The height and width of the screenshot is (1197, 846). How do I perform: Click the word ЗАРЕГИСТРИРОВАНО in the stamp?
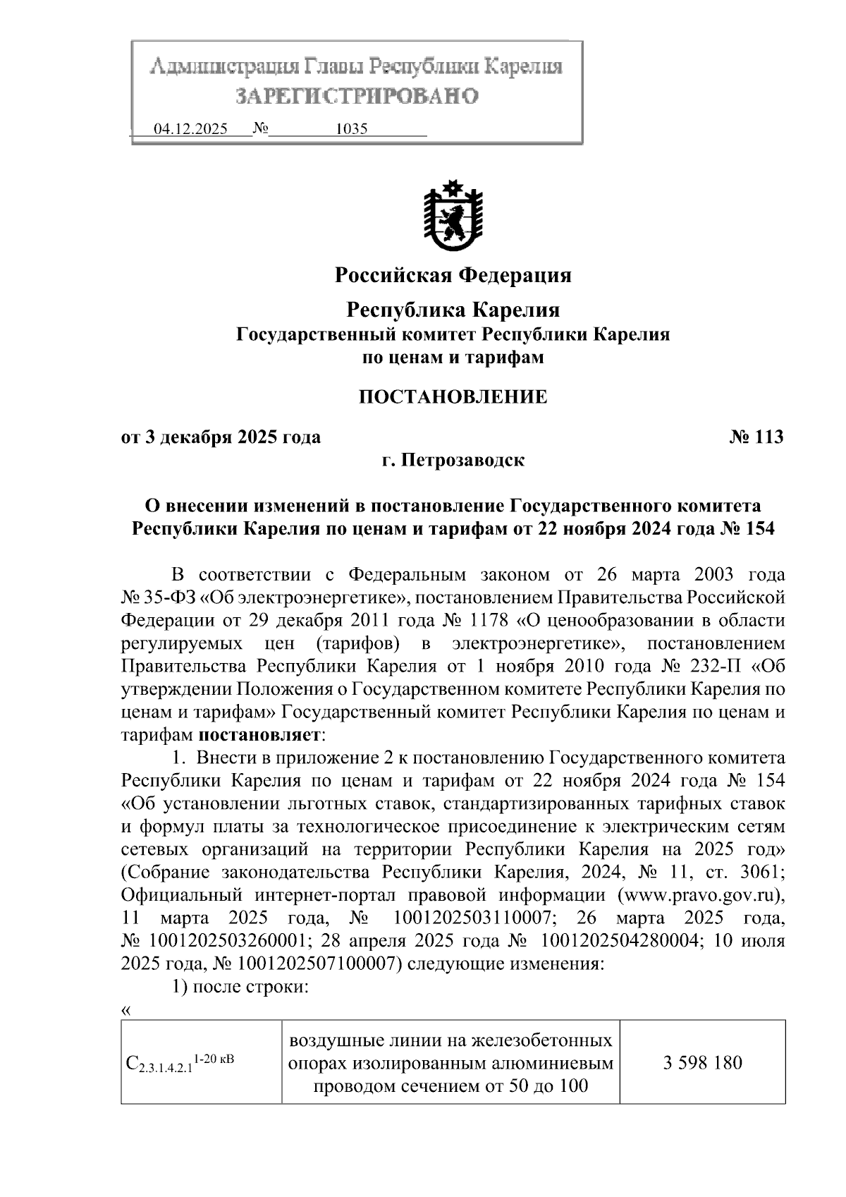coord(356,96)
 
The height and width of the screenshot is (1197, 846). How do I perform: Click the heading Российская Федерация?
coord(453,274)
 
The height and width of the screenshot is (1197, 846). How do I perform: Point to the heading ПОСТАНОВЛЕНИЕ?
coord(453,396)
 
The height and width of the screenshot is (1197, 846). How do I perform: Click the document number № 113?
coord(756,437)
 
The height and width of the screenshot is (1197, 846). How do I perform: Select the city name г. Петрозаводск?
coord(453,461)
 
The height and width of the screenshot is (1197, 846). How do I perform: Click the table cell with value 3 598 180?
coord(702,1062)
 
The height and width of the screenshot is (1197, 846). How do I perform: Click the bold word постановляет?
coord(259,735)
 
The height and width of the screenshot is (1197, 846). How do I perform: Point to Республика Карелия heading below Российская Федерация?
coord(453,310)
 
